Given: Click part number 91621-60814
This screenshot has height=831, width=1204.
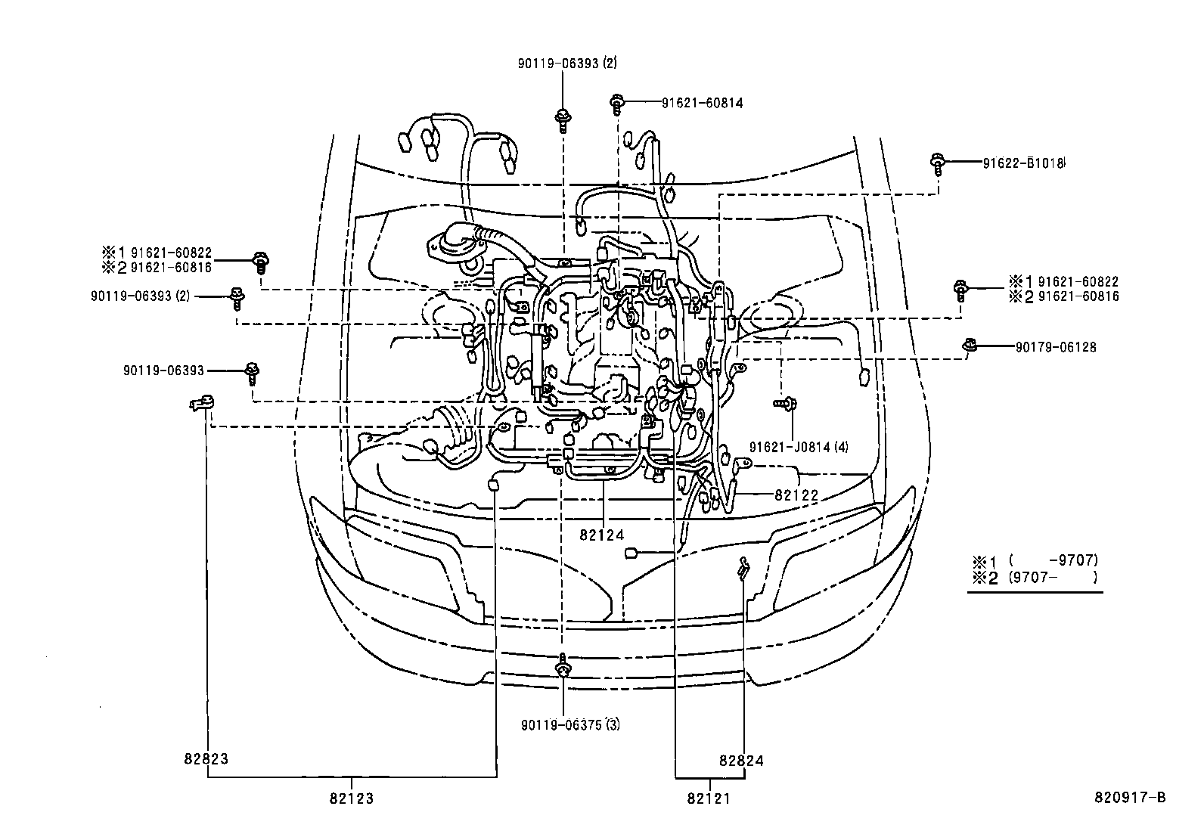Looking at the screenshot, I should pyautogui.click(x=702, y=103).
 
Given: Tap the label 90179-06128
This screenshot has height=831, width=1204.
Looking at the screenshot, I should pyautogui.click(x=1055, y=347).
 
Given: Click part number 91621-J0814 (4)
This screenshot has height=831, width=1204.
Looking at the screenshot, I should pyautogui.click(x=799, y=447).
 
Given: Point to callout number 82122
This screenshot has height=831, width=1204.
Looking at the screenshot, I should pyautogui.click(x=796, y=495).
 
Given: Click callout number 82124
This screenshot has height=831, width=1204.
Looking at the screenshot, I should pyautogui.click(x=602, y=535).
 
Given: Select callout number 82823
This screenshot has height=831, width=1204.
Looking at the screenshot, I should pyautogui.click(x=206, y=758).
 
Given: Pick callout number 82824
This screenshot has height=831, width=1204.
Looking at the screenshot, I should pyautogui.click(x=741, y=761).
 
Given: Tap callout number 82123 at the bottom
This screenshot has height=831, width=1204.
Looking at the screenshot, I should pyautogui.click(x=352, y=798).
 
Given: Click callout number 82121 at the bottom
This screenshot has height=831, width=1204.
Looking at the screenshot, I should pyautogui.click(x=709, y=798).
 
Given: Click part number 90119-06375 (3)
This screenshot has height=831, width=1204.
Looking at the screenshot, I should pyautogui.click(x=570, y=724).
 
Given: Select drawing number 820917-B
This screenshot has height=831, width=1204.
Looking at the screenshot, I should pyautogui.click(x=1131, y=798).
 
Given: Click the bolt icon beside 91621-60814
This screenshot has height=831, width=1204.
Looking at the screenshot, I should pyautogui.click(x=617, y=103).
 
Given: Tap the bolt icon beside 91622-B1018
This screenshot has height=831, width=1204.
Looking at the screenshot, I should pyautogui.click(x=938, y=163).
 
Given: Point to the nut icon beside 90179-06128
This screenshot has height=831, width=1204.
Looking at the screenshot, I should pyautogui.click(x=970, y=346).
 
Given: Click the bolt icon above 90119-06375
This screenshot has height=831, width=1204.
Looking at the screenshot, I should pyautogui.click(x=562, y=668).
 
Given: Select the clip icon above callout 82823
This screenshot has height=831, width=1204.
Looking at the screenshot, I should pyautogui.click(x=202, y=405).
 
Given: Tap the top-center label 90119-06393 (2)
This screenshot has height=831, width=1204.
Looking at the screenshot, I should pyautogui.click(x=567, y=64).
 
